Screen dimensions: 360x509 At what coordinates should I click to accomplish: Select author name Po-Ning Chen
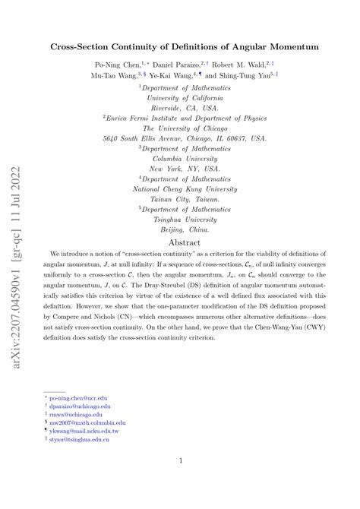point(116,65)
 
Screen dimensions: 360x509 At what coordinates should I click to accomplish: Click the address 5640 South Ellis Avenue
point(185,138)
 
